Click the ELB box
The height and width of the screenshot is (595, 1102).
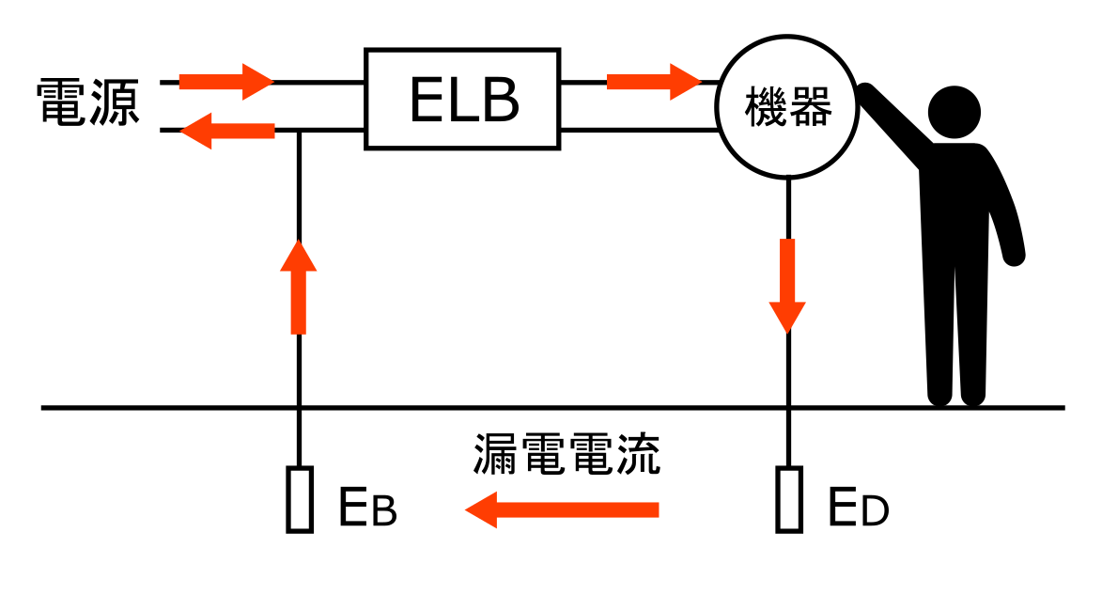point(463,100)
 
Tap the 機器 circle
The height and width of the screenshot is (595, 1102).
point(787,107)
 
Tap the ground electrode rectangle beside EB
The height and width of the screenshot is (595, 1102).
point(299,500)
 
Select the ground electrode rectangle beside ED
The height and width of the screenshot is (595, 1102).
point(788,500)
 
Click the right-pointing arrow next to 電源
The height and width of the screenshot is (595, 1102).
point(225,82)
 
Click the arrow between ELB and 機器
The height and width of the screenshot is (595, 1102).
point(654,82)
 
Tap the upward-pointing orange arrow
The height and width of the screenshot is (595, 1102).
point(299,287)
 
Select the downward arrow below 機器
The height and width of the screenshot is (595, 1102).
point(787,285)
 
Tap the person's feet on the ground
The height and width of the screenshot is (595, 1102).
point(956,395)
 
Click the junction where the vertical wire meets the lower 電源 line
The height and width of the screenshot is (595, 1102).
point(299,131)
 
